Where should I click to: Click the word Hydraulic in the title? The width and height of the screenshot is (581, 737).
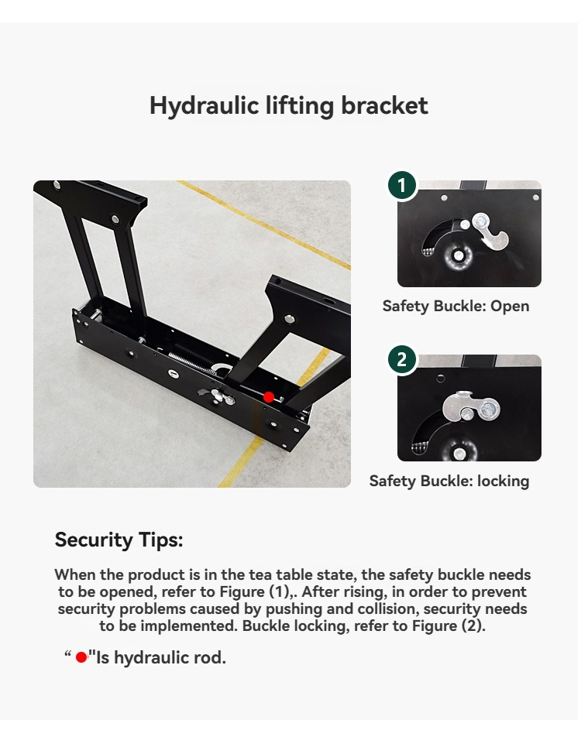205,106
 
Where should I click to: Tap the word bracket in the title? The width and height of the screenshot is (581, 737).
384,105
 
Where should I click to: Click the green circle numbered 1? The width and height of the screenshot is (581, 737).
402,185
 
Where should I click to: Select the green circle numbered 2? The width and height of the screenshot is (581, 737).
402,359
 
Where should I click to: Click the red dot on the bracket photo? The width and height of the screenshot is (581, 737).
269,396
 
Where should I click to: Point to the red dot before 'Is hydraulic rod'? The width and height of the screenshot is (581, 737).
81,657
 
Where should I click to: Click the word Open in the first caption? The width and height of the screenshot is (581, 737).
510,306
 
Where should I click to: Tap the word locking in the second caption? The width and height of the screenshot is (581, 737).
503,481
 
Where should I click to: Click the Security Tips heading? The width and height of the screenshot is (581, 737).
119,540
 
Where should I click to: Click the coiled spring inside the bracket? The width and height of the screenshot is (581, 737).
191,362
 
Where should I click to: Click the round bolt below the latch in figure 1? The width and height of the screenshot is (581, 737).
457,255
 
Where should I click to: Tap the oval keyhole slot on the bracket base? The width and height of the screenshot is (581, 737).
174,374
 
